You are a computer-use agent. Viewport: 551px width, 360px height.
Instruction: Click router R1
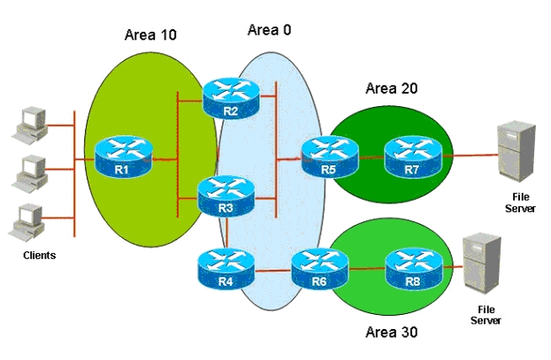click(124, 156)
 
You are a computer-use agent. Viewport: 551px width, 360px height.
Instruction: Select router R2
click(231, 98)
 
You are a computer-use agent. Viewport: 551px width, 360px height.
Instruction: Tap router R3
click(226, 195)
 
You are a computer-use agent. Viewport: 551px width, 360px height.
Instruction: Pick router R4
click(226, 269)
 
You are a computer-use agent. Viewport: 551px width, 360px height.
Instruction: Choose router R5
click(330, 157)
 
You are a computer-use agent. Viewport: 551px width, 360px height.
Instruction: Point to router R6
click(320, 269)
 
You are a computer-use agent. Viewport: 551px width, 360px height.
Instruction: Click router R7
click(413, 157)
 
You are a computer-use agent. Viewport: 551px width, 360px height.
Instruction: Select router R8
click(414, 269)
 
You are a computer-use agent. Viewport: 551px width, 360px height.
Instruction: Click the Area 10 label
click(150, 34)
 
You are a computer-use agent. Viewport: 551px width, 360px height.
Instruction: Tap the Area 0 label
click(270, 30)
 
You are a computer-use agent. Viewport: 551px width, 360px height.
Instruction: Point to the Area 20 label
click(392, 88)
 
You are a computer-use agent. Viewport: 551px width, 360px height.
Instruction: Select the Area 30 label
click(392, 332)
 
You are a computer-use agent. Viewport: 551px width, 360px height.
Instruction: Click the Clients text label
click(39, 256)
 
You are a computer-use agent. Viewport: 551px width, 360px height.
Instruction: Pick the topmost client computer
click(29, 125)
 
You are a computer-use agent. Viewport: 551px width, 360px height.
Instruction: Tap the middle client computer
click(29, 173)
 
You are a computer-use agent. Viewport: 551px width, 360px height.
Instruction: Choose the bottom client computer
click(27, 221)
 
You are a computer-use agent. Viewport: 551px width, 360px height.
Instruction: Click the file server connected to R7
click(517, 152)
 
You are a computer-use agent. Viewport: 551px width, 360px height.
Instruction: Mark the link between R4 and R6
click(273, 271)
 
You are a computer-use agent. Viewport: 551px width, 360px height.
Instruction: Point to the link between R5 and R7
click(371, 157)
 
